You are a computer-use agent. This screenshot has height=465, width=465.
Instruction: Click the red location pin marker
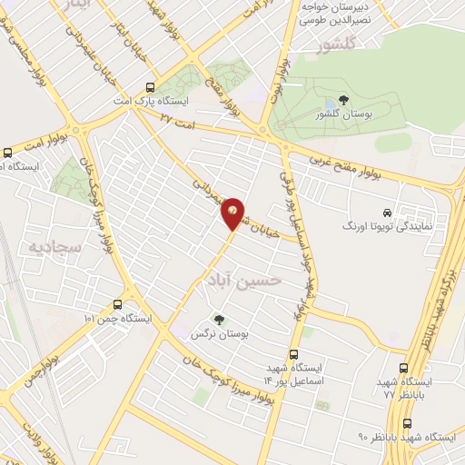point(233,213)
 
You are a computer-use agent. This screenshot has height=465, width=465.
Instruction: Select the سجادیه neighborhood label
point(55,246)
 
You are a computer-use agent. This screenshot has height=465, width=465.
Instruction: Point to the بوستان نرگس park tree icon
point(217,319)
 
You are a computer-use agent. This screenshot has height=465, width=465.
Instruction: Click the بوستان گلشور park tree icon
point(342,100)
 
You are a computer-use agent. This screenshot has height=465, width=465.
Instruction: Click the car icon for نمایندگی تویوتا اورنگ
point(389,210)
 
